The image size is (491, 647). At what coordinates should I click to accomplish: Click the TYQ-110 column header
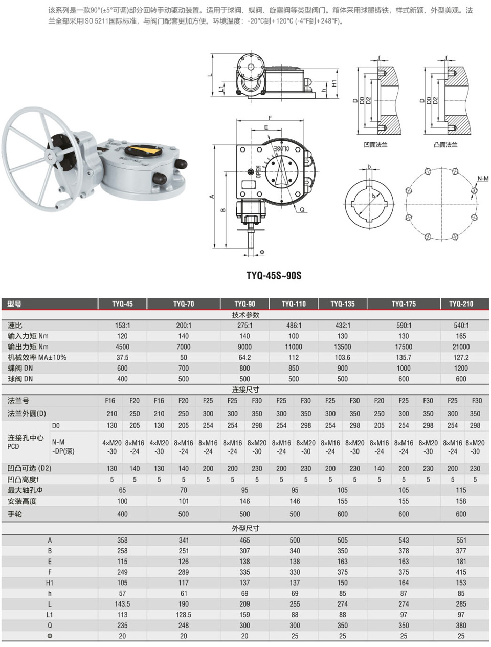pyautogui.click(x=294, y=304)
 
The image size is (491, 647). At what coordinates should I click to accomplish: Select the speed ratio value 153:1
pyautogui.click(x=122, y=326)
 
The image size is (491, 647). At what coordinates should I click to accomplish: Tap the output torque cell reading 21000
pyautogui.click(x=461, y=347)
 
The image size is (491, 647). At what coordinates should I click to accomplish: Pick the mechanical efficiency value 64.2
pyautogui.click(x=244, y=358)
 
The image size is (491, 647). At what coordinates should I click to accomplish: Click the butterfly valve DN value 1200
pyautogui.click(x=461, y=368)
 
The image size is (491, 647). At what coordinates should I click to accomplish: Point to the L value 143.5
pyautogui.click(x=122, y=604)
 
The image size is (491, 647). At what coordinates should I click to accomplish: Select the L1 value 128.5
pyautogui.click(x=184, y=615)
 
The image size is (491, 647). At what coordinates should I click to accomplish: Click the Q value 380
pyautogui.click(x=461, y=625)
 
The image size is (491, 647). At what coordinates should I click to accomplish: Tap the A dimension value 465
pyautogui.click(x=244, y=541)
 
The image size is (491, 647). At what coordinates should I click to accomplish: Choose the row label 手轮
pyautogui.click(x=15, y=514)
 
